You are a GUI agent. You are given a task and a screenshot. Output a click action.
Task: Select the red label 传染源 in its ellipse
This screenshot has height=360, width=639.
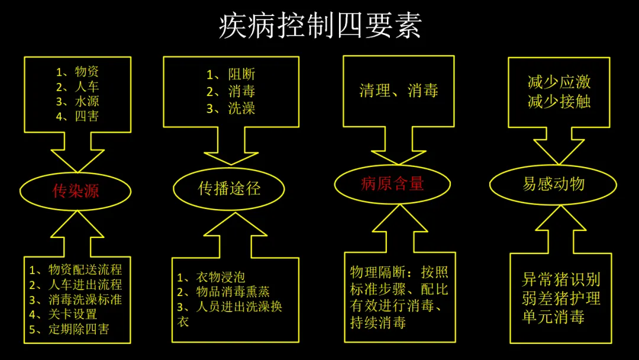(76, 191)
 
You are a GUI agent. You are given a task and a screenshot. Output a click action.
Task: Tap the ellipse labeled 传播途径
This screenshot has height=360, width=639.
(229, 188)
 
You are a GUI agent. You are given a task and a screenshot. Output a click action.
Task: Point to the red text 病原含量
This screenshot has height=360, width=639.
(392, 184)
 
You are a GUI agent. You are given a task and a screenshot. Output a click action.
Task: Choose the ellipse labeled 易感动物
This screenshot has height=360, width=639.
(553, 184)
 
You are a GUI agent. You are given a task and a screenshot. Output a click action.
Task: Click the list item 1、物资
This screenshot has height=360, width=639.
(78, 72)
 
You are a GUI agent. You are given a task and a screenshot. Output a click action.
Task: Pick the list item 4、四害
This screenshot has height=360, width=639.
(78, 116)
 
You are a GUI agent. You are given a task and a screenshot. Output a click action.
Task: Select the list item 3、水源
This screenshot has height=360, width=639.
(78, 101)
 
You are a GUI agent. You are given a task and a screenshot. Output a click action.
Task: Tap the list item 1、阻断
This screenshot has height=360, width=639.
(231, 75)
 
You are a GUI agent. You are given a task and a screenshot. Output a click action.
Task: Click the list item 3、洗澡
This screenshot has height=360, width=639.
(231, 109)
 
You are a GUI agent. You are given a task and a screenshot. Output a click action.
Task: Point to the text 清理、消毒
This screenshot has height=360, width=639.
(399, 91)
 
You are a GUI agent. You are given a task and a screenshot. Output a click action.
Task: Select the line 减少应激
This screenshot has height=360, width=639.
(559, 82)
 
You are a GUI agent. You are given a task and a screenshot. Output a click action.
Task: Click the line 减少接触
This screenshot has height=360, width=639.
(559, 101)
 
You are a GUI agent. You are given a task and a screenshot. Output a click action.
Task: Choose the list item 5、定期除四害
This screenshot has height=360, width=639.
(69, 329)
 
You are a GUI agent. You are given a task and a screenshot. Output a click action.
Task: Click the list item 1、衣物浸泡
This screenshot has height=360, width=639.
(211, 277)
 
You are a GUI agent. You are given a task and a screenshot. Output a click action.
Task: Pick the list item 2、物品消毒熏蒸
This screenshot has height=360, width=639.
(224, 292)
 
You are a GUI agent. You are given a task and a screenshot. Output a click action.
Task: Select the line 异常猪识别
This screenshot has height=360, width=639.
(561, 279)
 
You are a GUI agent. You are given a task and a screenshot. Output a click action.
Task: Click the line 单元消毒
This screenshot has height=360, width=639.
(553, 317)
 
